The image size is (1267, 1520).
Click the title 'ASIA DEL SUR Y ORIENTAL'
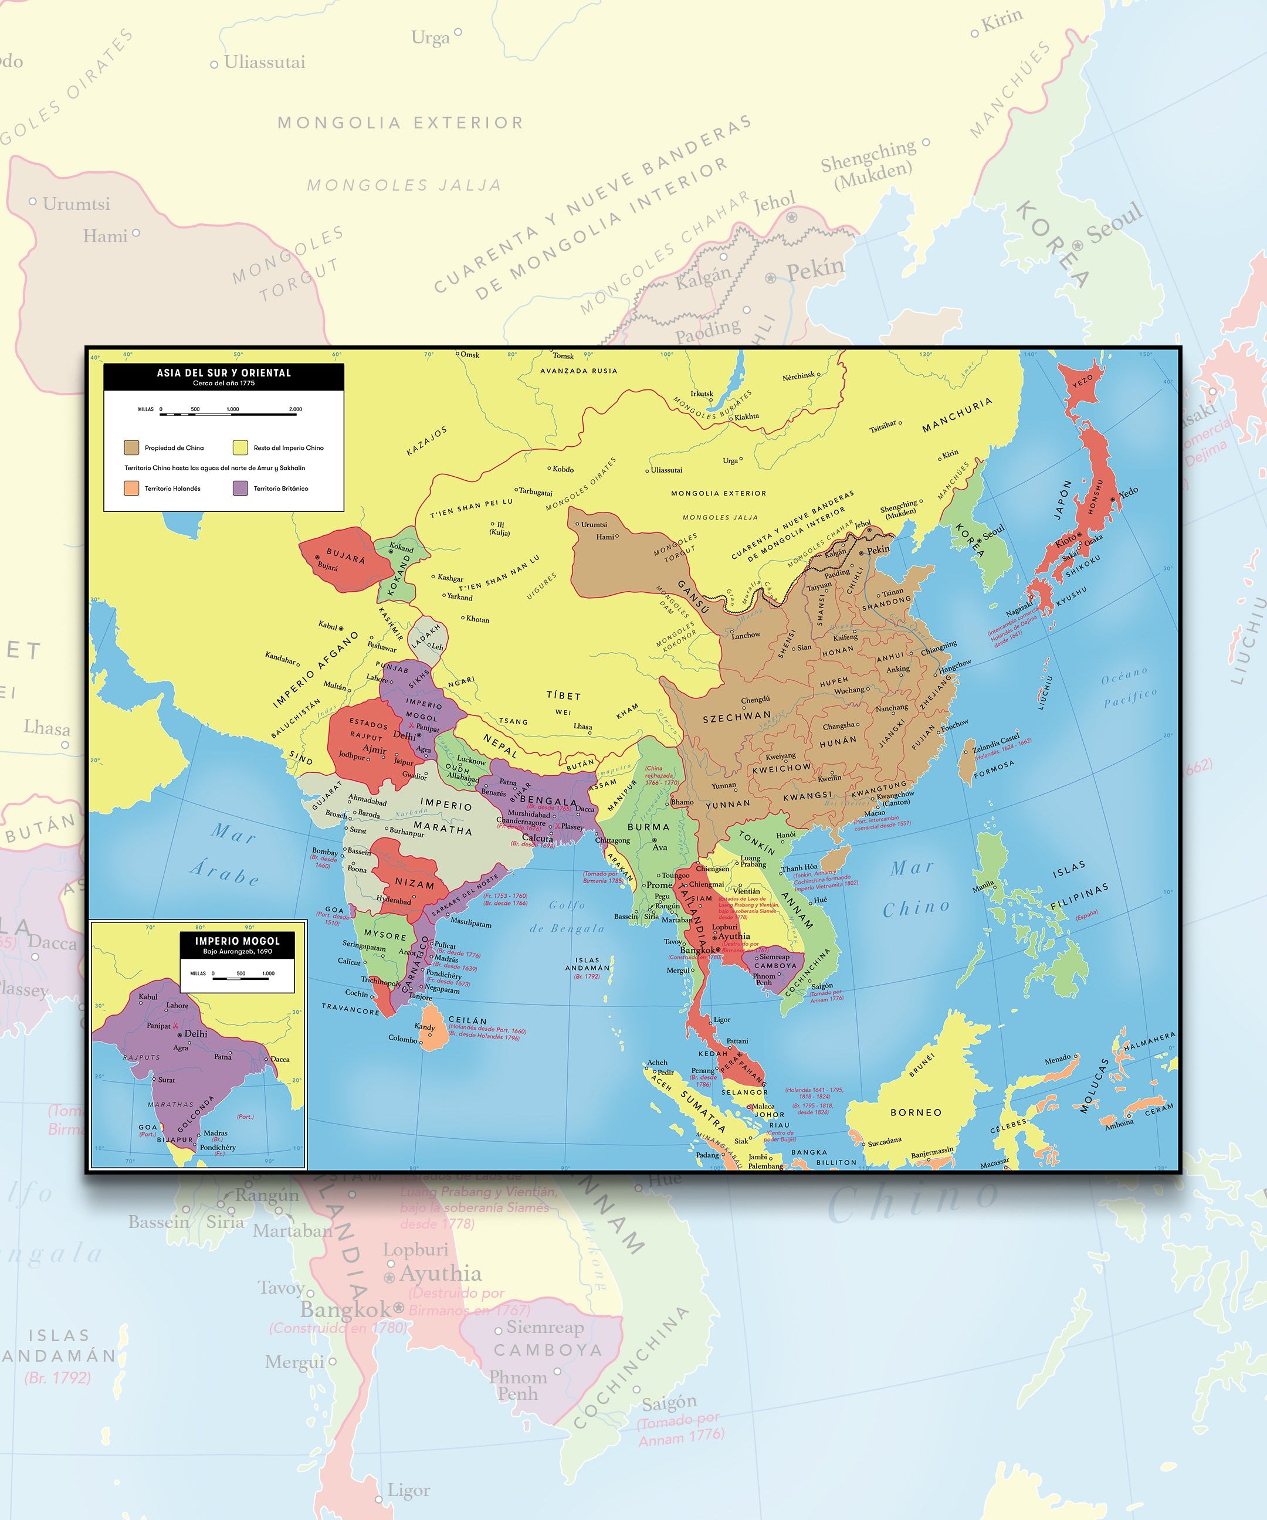(223, 373)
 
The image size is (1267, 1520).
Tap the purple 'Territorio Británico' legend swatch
(240, 488)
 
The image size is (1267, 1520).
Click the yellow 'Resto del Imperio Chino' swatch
(240, 447)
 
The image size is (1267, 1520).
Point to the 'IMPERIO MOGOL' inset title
(237, 941)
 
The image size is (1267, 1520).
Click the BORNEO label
(916, 1112)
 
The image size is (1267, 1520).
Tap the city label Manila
(983, 885)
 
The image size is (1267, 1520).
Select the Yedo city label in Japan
(1128, 492)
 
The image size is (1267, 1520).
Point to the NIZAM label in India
(414, 884)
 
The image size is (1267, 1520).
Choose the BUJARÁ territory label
(345, 556)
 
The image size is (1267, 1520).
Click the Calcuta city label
(537, 838)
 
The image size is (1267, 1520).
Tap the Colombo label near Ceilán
(403, 1039)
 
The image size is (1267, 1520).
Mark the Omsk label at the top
(470, 355)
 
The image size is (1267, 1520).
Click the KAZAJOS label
(426, 442)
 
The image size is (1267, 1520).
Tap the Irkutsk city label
(702, 393)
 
